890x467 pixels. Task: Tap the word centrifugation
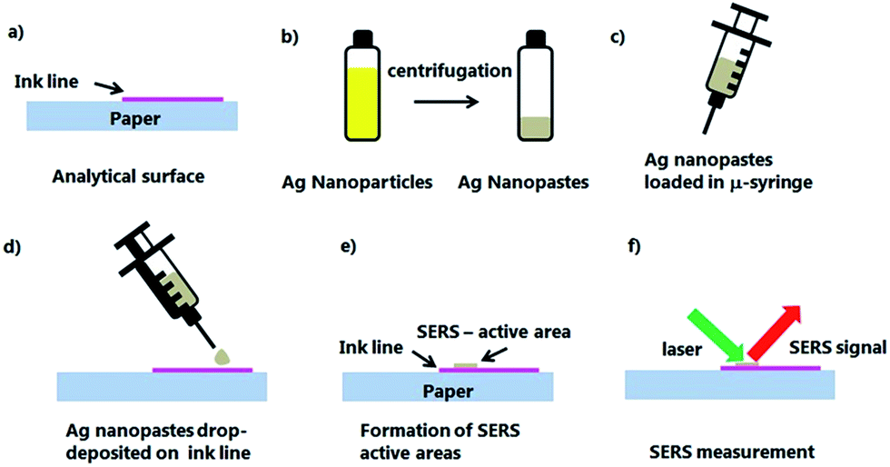(x=450, y=71)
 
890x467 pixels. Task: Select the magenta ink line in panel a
(x=173, y=99)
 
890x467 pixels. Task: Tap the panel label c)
(x=618, y=38)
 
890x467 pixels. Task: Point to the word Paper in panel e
(x=448, y=391)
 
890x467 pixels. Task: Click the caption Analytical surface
(x=128, y=176)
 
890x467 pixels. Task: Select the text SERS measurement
(x=732, y=452)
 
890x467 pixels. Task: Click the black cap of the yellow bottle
(x=362, y=38)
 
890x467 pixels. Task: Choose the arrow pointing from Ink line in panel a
(x=108, y=87)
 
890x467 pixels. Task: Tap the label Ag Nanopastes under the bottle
(x=523, y=183)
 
